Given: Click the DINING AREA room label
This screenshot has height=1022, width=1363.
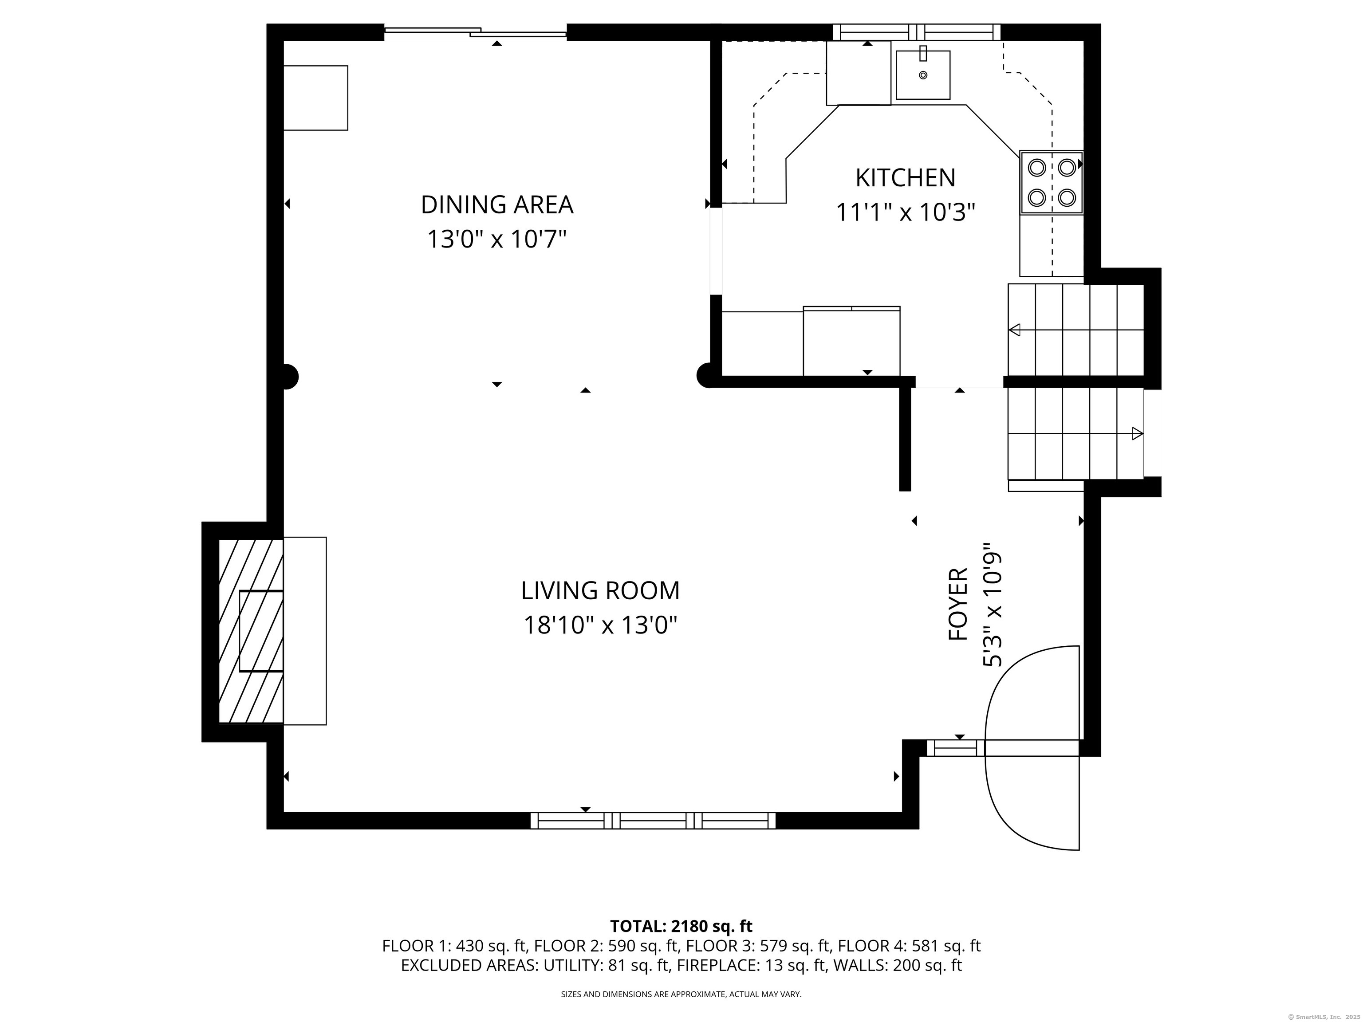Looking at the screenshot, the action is tap(496, 205).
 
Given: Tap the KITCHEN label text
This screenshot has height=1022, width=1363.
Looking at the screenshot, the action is tap(905, 178).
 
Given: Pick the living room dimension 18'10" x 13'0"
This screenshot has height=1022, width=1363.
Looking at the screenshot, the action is tap(600, 625).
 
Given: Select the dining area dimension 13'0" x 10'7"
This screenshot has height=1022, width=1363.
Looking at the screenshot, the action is tap(496, 239).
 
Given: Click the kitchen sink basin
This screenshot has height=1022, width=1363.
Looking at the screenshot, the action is tap(922, 75).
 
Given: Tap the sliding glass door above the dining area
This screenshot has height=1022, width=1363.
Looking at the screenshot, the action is tap(476, 33).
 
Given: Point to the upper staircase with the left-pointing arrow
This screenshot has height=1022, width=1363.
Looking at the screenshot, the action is tap(1076, 330).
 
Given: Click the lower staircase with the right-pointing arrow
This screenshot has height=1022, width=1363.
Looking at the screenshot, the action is tap(1076, 434).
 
